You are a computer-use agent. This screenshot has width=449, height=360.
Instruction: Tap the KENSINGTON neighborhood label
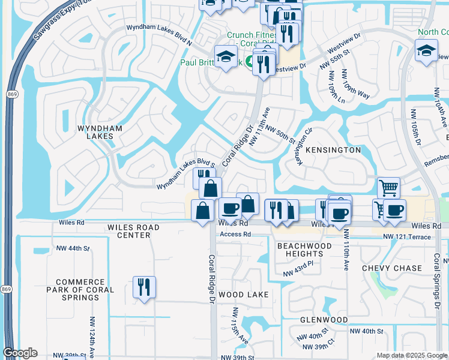pyautogui.click(x=334, y=149)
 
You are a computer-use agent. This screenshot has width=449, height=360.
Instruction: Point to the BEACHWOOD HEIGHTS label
pyautogui.click(x=304, y=250)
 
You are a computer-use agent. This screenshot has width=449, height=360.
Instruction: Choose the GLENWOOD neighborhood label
pyautogui.click(x=324, y=319)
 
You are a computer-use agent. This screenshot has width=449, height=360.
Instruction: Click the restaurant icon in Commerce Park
pyautogui.click(x=144, y=287)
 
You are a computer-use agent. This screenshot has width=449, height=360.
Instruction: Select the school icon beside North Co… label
pyautogui.click(x=426, y=50)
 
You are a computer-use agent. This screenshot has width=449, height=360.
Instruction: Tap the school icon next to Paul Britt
pyautogui.click(x=226, y=57)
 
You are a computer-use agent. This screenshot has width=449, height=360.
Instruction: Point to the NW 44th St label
pyautogui.click(x=72, y=248)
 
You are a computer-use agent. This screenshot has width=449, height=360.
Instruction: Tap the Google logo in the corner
pyautogui.click(x=20, y=353)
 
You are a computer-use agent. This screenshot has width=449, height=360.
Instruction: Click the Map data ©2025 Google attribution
pyautogui.click(x=412, y=355)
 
